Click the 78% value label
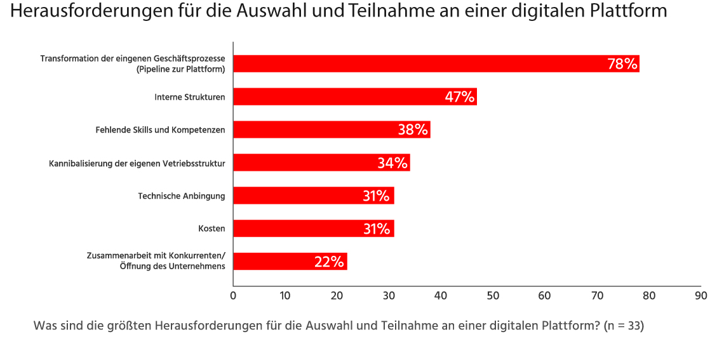[x=622, y=63]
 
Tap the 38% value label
[x=413, y=130]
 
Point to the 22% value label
[x=329, y=262]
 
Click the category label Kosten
[x=211, y=229]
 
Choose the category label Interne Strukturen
[x=190, y=97]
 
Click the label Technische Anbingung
[x=182, y=196]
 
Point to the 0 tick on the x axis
[x=233, y=296]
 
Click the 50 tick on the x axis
[x=493, y=296]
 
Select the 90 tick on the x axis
[x=700, y=296]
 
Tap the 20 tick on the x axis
[x=337, y=296]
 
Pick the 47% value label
[x=460, y=97]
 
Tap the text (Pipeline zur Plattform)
[x=180, y=69]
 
